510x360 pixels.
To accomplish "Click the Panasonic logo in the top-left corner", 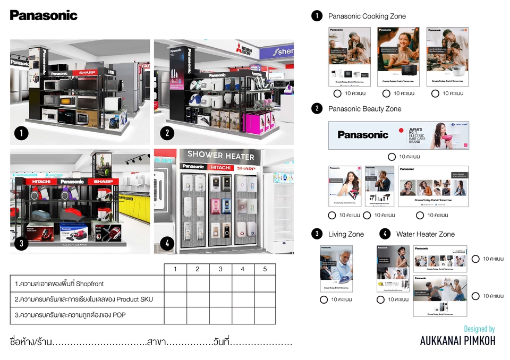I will [x=44, y=15].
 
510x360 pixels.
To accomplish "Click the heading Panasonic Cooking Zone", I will [x=367, y=16].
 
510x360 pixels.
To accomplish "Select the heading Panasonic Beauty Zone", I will [x=364, y=109].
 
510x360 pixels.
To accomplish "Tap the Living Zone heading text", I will [x=346, y=234].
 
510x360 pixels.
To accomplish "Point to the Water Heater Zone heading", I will [x=425, y=234].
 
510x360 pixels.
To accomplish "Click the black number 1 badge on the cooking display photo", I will [x=21, y=133].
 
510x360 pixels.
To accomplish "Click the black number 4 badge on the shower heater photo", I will [x=167, y=243].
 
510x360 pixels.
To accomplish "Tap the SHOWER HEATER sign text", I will [x=220, y=155].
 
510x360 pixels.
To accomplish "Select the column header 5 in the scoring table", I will [x=265, y=269].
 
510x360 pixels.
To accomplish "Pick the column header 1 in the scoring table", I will [x=175, y=269].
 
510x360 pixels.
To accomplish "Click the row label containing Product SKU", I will [x=84, y=299].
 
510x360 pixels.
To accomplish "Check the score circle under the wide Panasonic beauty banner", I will [x=392, y=157].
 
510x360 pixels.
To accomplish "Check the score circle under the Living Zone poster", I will [x=324, y=299].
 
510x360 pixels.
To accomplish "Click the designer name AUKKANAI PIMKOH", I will [x=457, y=341].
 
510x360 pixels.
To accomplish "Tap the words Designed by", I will [x=479, y=329].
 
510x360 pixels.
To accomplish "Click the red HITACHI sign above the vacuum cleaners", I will [x=41, y=182].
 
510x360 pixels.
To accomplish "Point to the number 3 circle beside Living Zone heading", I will [x=317, y=234].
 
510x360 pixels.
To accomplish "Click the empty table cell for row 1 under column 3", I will [x=220, y=284].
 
